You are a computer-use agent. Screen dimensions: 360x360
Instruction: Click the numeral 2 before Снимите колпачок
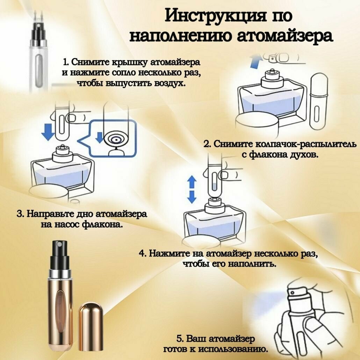pyautogui.click(x=207, y=144)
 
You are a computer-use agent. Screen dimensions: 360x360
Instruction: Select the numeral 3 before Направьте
pyautogui.click(x=20, y=214)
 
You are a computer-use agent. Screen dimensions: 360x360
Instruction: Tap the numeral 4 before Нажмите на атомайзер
pyautogui.click(x=142, y=253)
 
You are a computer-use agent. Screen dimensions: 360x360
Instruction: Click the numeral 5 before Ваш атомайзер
pyautogui.click(x=180, y=339)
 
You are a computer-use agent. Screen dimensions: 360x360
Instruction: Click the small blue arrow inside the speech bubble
pyautogui.click(x=100, y=137)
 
